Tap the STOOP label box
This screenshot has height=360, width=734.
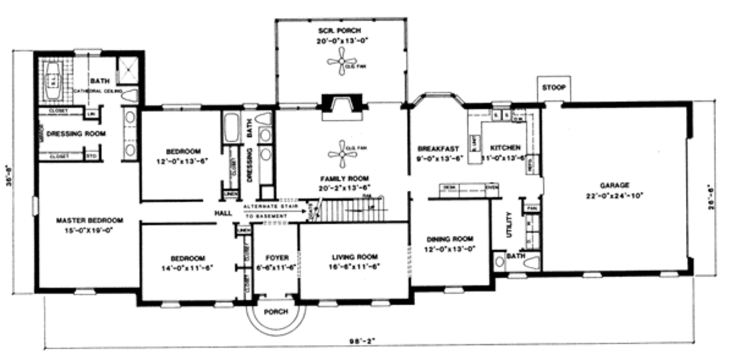(x=553, y=88)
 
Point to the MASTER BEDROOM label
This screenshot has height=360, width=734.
(x=90, y=220)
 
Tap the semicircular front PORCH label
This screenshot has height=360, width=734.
(x=276, y=312)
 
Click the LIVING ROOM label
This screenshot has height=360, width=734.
(x=355, y=257)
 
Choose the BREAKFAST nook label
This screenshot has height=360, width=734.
(x=438, y=148)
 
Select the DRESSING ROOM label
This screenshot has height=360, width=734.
(x=76, y=133)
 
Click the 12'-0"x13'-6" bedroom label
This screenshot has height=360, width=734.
(x=183, y=151)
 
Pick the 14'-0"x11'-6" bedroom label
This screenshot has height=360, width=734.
(x=188, y=258)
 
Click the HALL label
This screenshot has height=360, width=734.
(x=221, y=213)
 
